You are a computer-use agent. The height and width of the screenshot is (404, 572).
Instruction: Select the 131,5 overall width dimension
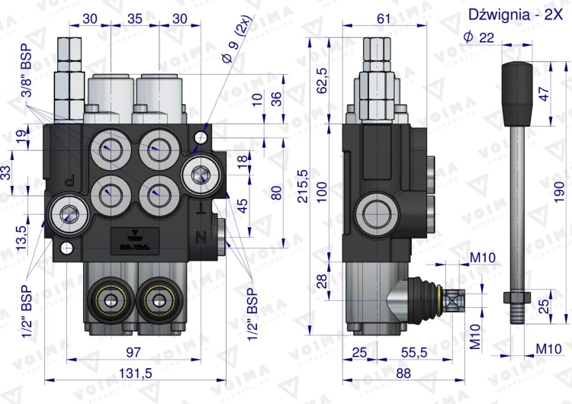point(136,373)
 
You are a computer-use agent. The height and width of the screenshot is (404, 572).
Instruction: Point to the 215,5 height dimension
point(303,187)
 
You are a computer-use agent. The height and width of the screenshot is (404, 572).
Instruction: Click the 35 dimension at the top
point(136,19)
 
